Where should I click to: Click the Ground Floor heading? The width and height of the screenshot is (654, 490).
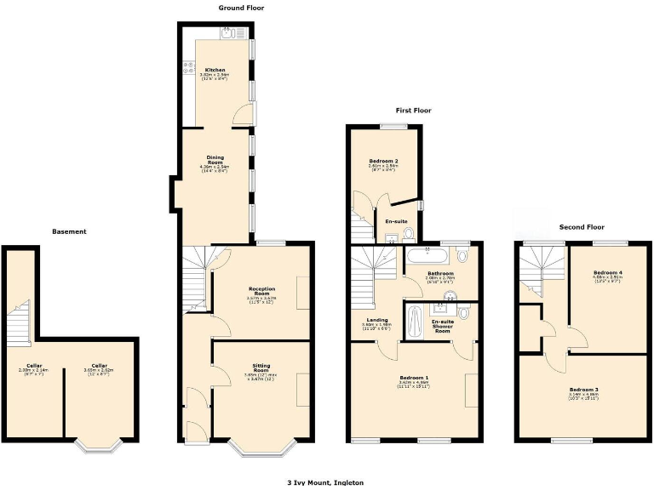[x=241, y=8]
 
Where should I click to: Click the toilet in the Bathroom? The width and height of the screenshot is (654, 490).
[x=462, y=254]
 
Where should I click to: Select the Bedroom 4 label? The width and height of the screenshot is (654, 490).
[x=608, y=274]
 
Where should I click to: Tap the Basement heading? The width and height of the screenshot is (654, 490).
[x=69, y=231]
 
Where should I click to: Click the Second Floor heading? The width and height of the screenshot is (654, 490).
[x=582, y=227]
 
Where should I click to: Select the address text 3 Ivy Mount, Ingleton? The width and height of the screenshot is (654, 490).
[x=326, y=481]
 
